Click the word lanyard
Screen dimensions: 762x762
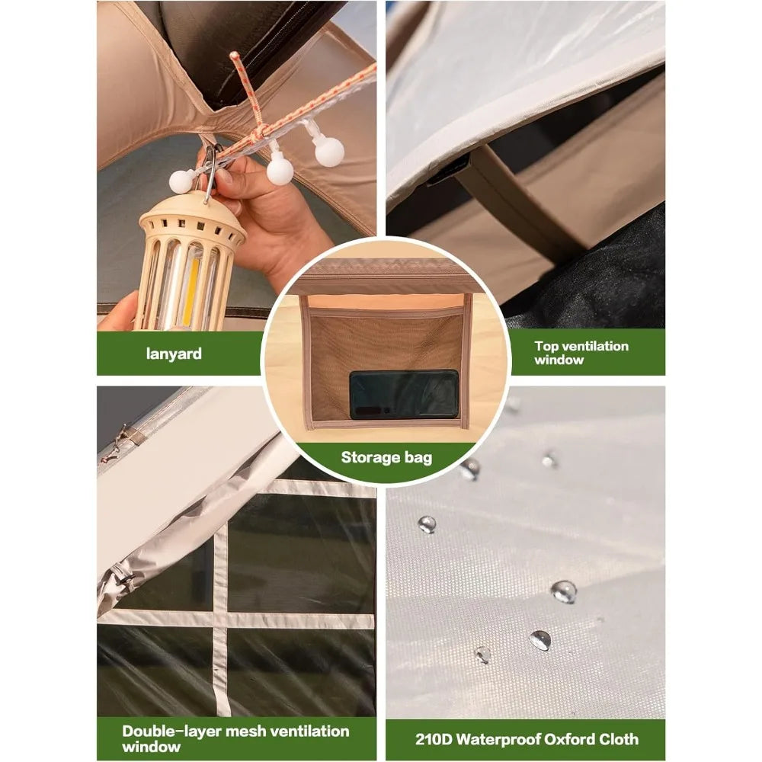(174, 354)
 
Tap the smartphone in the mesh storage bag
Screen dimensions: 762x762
(404, 395)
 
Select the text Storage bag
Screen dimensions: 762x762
(386, 458)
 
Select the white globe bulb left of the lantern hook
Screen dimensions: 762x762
(182, 181)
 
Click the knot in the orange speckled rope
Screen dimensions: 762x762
(260, 131)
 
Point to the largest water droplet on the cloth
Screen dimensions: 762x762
(564, 592)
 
